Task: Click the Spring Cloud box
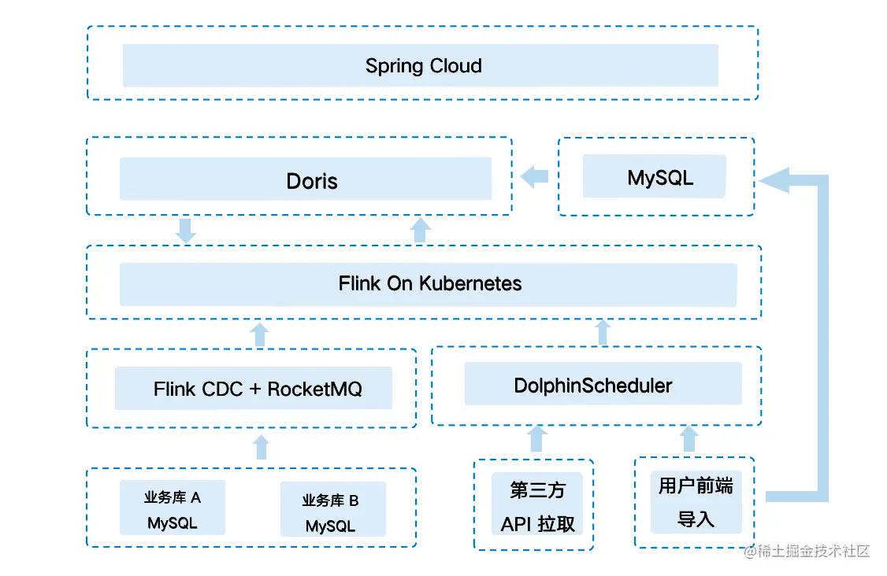pos(420,65)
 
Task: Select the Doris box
pos(306,179)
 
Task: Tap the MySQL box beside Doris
pos(653,176)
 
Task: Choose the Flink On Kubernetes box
pos(428,284)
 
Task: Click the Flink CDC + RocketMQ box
pos(254,388)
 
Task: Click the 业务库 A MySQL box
pos(173,508)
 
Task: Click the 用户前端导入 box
pos(696,501)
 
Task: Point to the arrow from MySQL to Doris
pos(535,176)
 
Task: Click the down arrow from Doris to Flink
pos(186,231)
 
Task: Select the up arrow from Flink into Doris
pos(421,230)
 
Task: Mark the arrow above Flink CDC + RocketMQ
pos(259,333)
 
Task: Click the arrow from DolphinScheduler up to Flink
pos(603,331)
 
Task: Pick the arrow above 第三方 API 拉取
pos(537,438)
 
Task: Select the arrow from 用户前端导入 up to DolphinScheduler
pos(689,438)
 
